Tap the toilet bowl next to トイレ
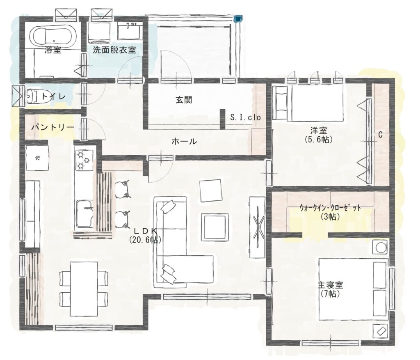click(32, 96)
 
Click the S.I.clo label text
click(245, 117)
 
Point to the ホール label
click(184, 141)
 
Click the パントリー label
click(52, 127)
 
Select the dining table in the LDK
click(84, 289)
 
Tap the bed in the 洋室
click(308, 103)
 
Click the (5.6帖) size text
click(318, 140)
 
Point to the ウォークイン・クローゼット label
click(330, 207)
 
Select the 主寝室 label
click(330, 285)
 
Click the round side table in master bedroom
click(380, 247)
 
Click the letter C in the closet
click(380, 135)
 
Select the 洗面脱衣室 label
click(114, 50)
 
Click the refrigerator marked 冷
click(37, 158)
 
